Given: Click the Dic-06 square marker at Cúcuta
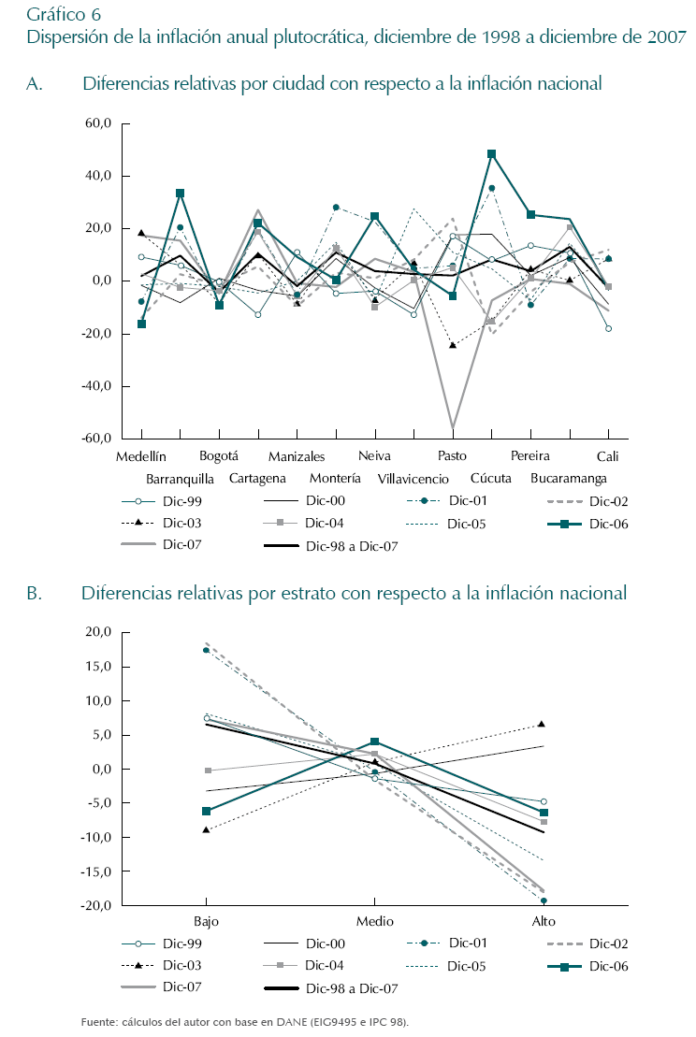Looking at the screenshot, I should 491,153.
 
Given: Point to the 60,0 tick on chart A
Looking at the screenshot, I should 97,123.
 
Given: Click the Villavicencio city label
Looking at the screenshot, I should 413,479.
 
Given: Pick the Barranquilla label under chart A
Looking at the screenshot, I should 180,479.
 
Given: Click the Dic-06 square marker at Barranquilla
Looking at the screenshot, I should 180,194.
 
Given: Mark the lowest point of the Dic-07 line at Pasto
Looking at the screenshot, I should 453,427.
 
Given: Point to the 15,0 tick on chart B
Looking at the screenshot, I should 97,667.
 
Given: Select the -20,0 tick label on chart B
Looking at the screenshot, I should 95,906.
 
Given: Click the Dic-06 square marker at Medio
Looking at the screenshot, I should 375,742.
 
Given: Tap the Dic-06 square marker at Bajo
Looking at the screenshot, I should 207,811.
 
